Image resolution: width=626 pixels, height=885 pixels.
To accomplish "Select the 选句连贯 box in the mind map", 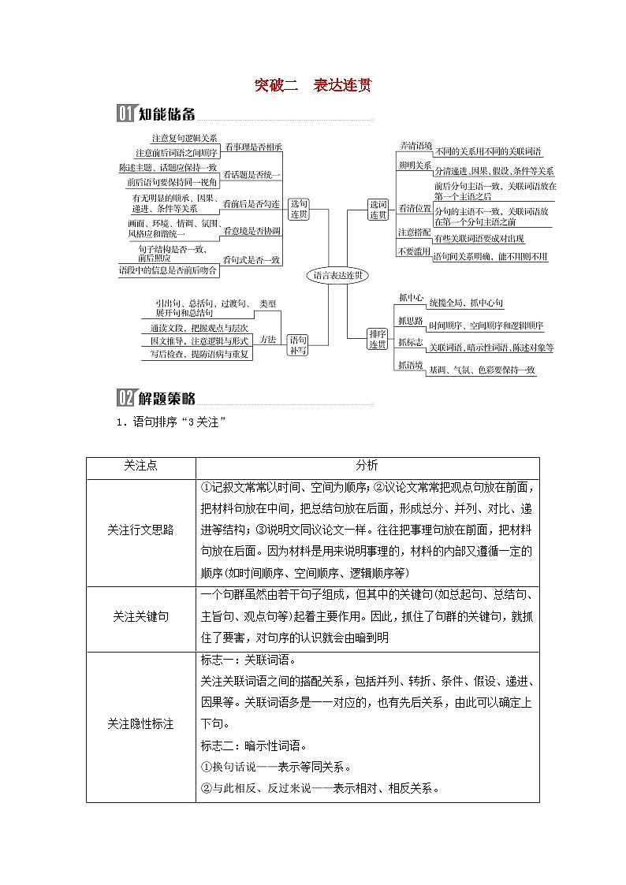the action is pyautogui.click(x=298, y=209).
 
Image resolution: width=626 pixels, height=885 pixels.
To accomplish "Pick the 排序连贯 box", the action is pyautogui.click(x=378, y=340).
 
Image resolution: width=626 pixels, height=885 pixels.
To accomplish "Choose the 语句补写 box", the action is pyautogui.click(x=298, y=344).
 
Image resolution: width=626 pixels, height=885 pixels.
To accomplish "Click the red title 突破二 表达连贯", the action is pyautogui.click(x=313, y=86).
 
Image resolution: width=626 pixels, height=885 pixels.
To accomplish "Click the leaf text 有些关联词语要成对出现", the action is pyautogui.click(x=479, y=239).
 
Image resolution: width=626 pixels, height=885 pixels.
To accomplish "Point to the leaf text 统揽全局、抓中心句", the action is pyautogui.click(x=466, y=303).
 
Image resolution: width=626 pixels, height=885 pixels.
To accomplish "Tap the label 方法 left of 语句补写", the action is pyautogui.click(x=268, y=340).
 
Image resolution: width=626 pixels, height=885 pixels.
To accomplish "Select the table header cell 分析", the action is pyautogui.click(x=367, y=466).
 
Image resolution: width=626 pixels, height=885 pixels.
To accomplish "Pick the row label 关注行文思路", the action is pyautogui.click(x=141, y=530).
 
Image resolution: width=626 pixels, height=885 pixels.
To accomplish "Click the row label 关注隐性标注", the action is pyautogui.click(x=141, y=723).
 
